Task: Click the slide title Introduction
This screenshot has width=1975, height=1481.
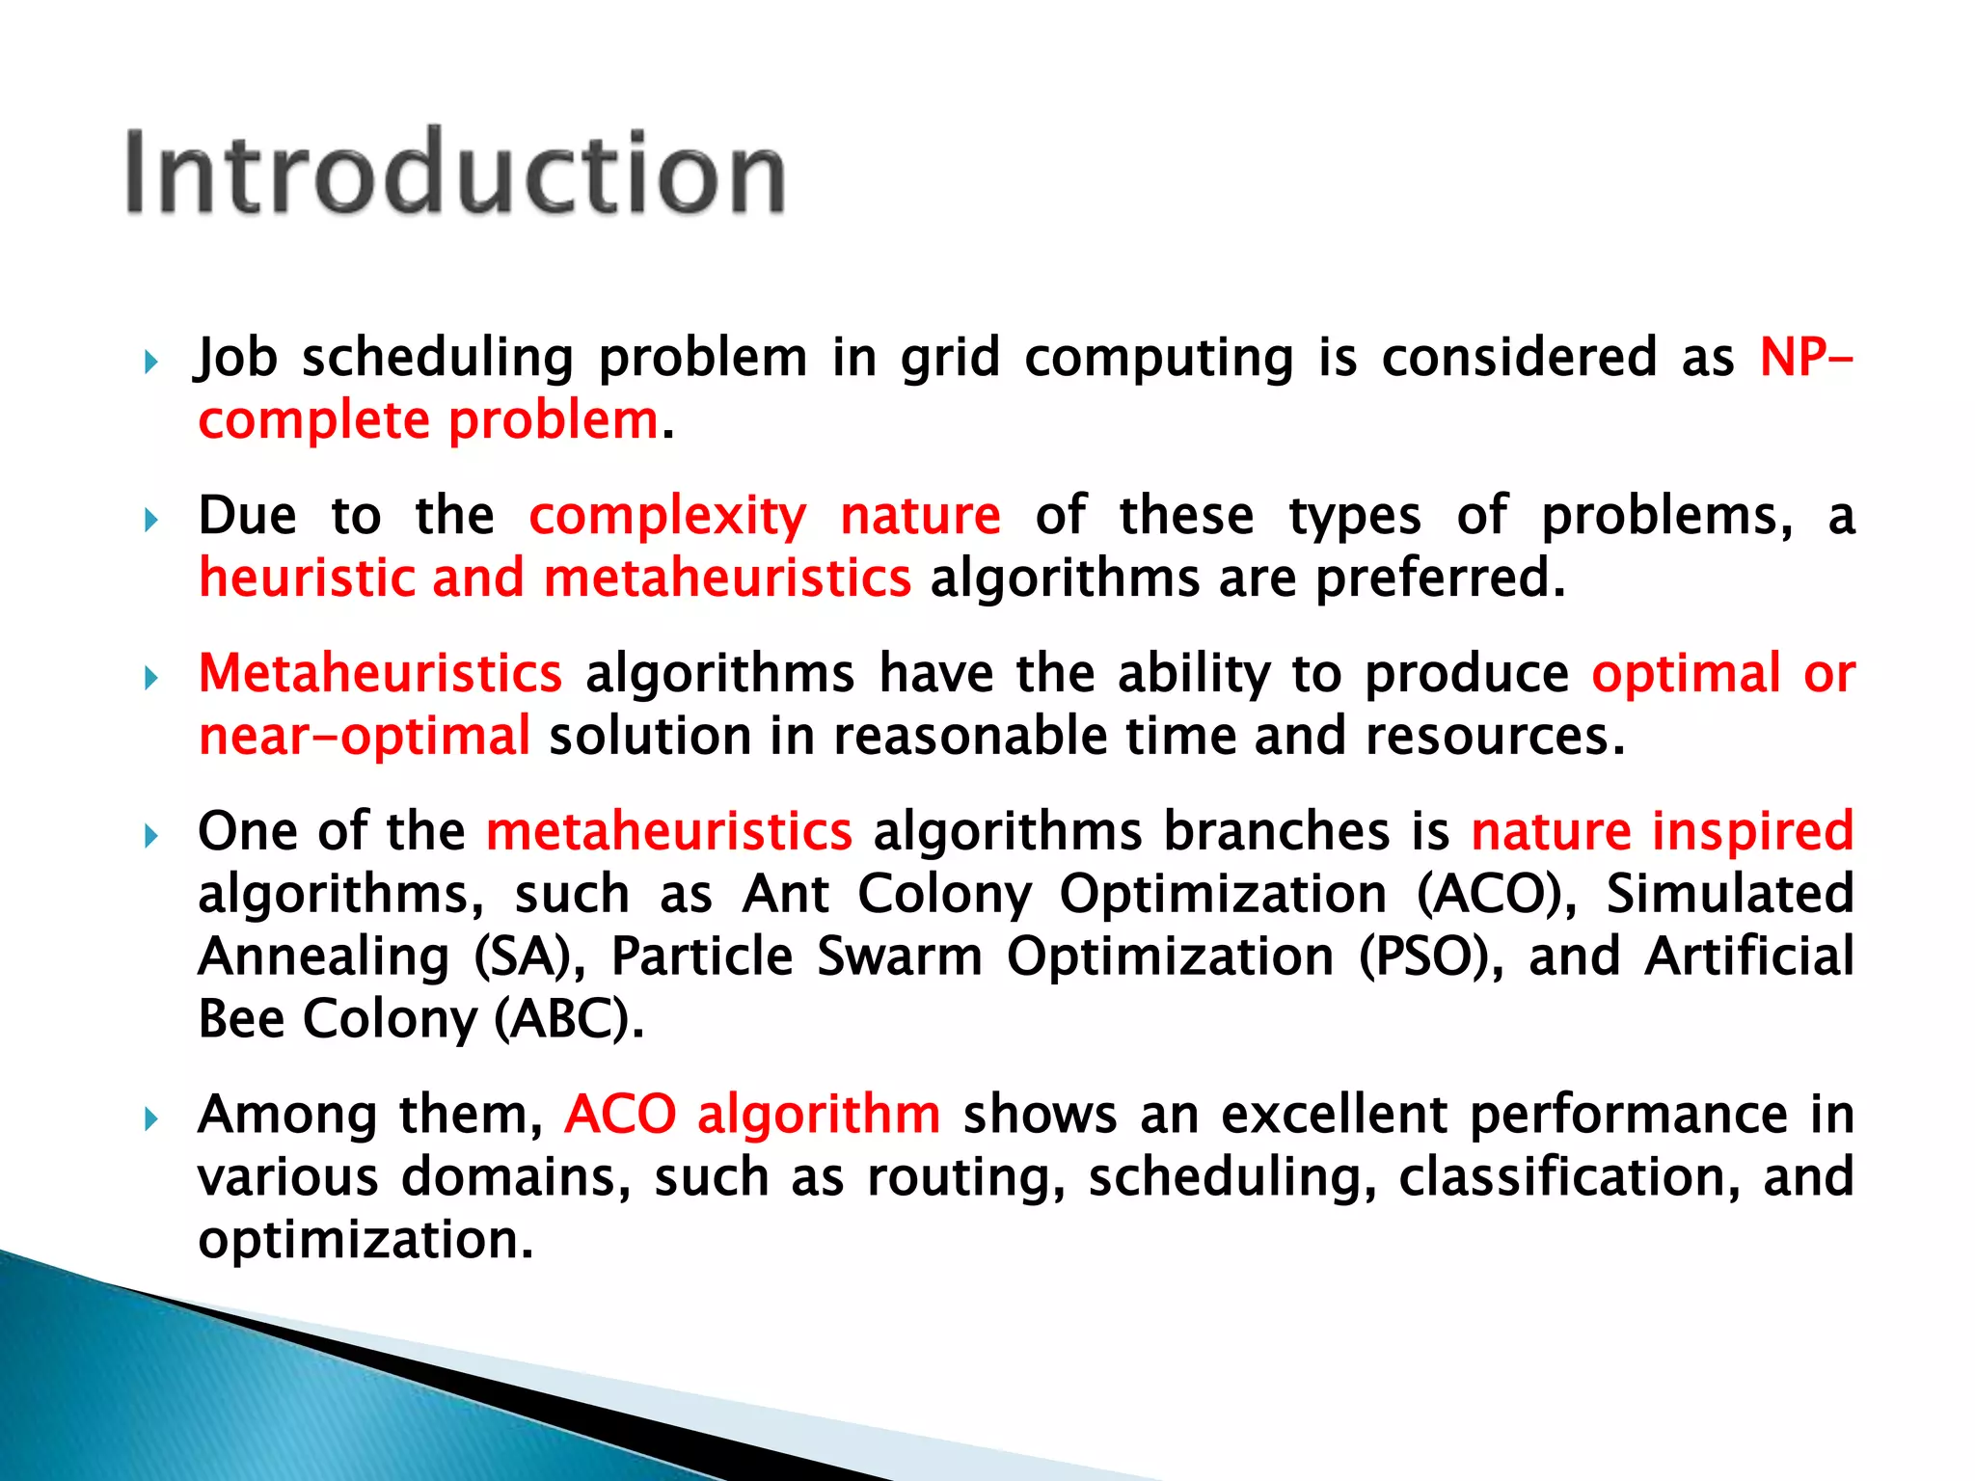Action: (x=455, y=174)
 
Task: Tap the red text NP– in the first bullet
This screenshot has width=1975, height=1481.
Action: (x=1804, y=358)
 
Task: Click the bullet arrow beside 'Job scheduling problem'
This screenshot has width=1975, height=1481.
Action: (x=150, y=364)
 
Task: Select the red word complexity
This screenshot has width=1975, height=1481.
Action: (x=667, y=516)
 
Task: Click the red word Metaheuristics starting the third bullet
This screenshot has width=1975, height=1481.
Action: (x=380, y=673)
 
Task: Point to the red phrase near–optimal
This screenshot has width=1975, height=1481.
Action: (x=364, y=737)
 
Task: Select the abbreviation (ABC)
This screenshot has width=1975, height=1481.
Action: (x=569, y=1019)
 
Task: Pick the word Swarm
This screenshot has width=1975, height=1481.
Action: (x=899, y=957)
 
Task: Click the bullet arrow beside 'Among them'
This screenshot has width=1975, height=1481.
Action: (x=150, y=1120)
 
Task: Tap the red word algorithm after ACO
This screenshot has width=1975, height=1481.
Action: (x=819, y=1115)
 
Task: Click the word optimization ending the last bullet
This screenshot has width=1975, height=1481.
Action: (x=365, y=1241)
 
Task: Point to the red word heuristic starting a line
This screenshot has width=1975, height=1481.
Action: (x=307, y=579)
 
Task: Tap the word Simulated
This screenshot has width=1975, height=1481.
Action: (x=1729, y=894)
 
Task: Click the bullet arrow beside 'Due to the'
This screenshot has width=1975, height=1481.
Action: (x=150, y=522)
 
